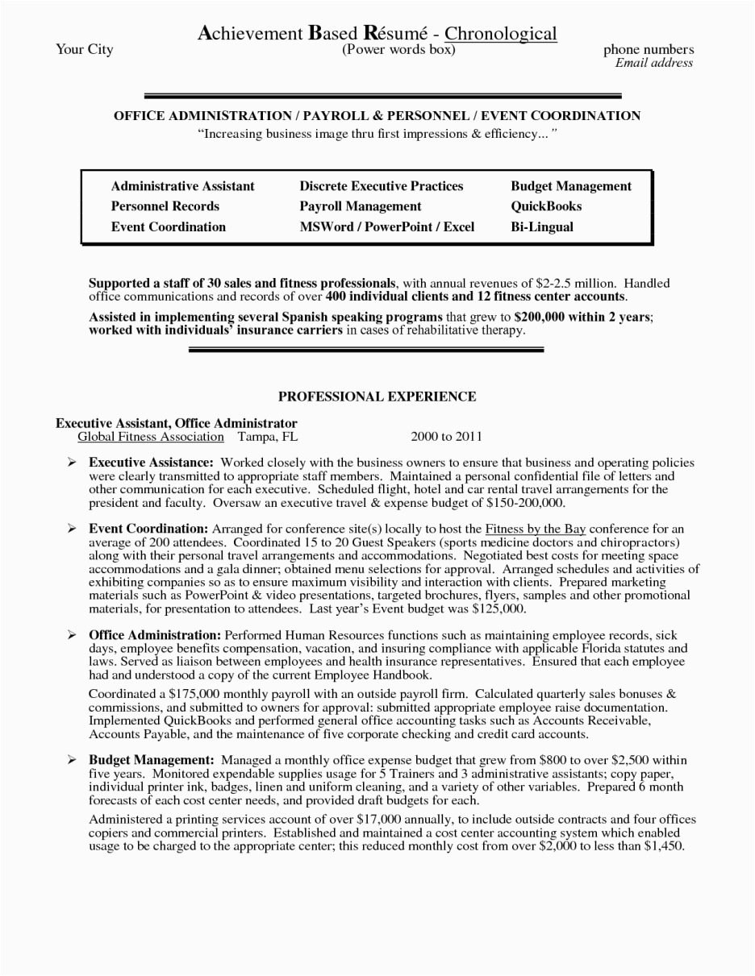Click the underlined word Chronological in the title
[x=500, y=34]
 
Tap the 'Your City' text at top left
[x=84, y=50]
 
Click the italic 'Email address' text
[x=653, y=63]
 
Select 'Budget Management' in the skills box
[x=571, y=186]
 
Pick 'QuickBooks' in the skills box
[x=546, y=206]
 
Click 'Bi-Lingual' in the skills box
[x=542, y=227]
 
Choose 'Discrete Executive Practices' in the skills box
[x=382, y=186]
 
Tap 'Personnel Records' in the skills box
[x=165, y=206]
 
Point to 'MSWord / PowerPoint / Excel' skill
[x=387, y=227]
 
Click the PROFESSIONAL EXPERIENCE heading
[x=377, y=397]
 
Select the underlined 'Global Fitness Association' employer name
[x=151, y=437]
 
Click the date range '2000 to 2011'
[x=446, y=437]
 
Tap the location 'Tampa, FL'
[x=268, y=437]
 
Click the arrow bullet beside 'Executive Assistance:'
[x=72, y=463]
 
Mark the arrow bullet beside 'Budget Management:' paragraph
[x=72, y=760]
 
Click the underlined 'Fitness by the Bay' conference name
[x=536, y=530]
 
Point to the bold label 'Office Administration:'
[x=155, y=636]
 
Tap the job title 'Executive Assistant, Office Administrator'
[x=177, y=423]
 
